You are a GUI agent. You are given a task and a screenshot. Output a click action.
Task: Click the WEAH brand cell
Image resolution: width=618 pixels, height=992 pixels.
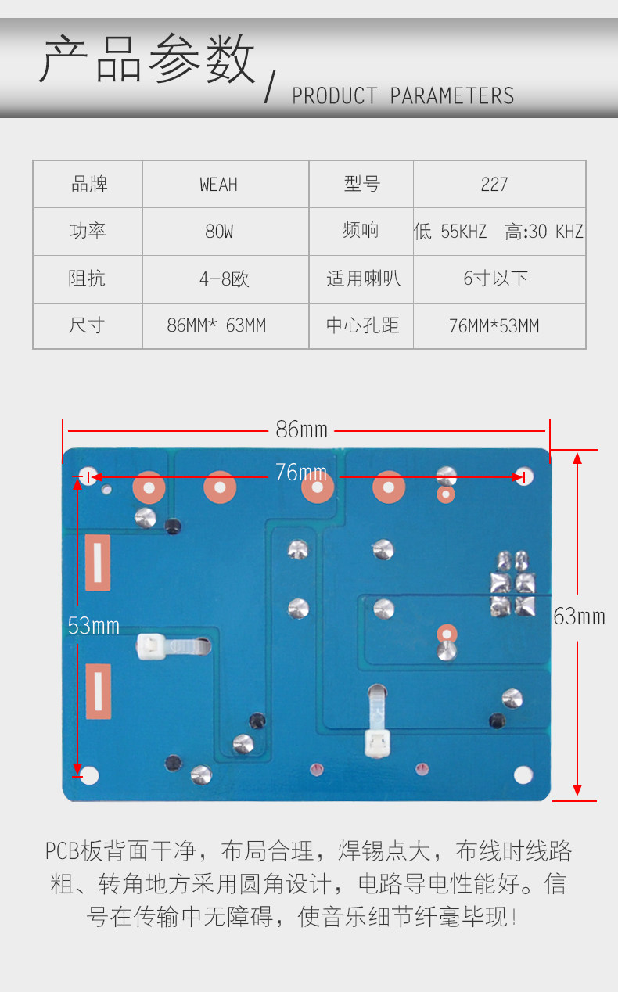[218, 185]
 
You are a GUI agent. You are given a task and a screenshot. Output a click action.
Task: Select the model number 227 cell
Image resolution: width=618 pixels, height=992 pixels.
[494, 185]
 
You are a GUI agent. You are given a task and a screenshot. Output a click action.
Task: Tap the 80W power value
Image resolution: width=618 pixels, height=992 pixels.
[218, 232]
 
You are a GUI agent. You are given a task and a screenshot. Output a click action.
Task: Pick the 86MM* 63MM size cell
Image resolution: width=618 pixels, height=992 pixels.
[217, 325]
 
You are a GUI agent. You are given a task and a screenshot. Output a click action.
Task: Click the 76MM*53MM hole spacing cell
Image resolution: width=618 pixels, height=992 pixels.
[494, 326]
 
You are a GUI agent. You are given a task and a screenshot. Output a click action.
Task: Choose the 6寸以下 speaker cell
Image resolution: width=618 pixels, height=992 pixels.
[495, 279]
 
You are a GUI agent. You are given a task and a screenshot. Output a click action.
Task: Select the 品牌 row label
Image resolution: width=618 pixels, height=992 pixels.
[88, 185]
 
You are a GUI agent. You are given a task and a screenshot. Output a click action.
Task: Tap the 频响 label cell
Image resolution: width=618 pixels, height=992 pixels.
[361, 232]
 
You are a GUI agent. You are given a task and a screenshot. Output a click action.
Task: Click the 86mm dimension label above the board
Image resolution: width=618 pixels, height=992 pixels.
[301, 430]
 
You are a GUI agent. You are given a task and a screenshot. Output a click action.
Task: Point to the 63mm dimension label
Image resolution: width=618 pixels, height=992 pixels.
[579, 616]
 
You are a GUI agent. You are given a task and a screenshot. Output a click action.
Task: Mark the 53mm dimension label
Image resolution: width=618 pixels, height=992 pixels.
[93, 625]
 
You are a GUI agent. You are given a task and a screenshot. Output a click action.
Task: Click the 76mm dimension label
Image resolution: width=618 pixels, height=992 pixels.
[300, 473]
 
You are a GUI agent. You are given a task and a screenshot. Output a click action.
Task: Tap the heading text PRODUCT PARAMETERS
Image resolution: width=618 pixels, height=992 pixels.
[403, 96]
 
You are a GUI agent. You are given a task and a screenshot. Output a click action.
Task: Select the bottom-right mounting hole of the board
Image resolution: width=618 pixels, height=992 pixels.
[523, 775]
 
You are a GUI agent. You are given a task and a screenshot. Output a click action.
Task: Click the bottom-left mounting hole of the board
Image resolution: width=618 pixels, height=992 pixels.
[90, 775]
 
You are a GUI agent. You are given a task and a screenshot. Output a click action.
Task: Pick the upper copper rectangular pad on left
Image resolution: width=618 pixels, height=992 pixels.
[97, 562]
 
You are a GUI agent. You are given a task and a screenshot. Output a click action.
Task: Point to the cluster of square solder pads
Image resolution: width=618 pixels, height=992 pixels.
[512, 582]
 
